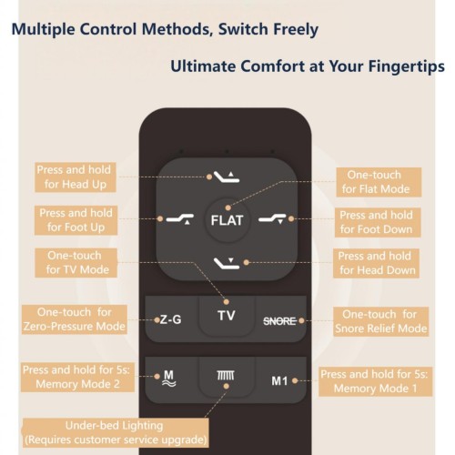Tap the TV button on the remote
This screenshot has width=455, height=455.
coord(227,316)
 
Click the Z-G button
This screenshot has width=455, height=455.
coord(172,319)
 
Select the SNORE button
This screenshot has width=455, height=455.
coord(279,320)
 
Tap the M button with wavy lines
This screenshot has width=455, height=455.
coord(169,379)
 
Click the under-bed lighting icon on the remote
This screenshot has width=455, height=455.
coord(226,376)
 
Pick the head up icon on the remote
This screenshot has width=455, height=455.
coord(227,177)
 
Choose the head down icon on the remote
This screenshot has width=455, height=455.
coord(227,263)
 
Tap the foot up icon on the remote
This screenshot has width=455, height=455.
coord(180,218)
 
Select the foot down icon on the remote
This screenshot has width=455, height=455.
coord(272,218)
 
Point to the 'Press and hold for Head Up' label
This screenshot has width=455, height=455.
coord(76,177)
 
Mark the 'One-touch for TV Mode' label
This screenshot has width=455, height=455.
coord(76,263)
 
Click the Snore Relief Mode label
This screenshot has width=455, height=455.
coord(381,321)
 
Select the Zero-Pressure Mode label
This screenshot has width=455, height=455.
coord(75,319)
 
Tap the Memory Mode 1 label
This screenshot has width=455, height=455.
coord(375,381)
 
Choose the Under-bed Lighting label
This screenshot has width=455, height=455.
coord(116,433)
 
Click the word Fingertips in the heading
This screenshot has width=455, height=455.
coord(407,66)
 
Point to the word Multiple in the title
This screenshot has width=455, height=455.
coord(44,30)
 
